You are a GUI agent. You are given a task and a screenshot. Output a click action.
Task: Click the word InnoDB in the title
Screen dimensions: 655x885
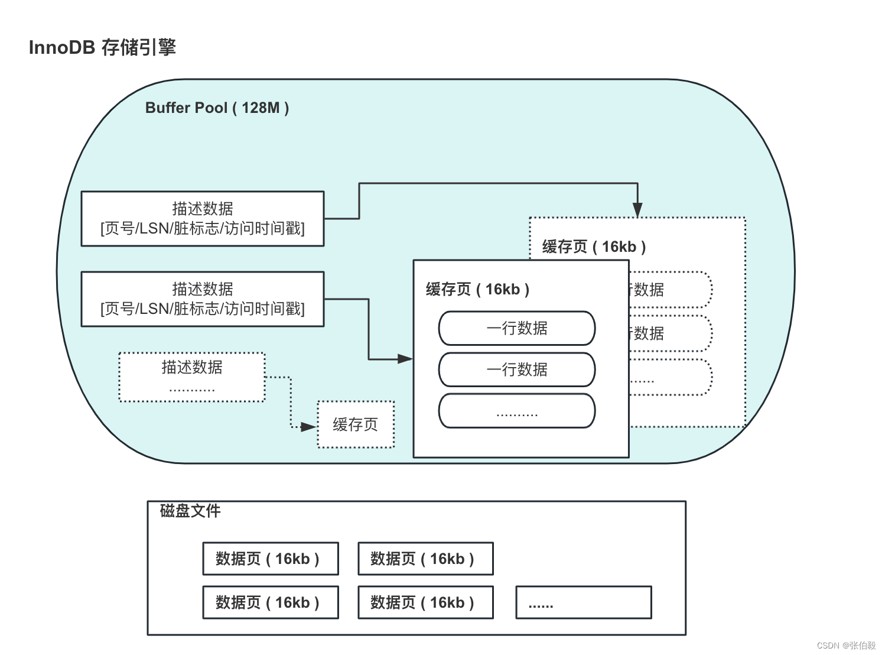(x=61, y=47)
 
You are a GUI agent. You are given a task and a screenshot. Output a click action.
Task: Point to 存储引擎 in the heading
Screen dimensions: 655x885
(x=139, y=47)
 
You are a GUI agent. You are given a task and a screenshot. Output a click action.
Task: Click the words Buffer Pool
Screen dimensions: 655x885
(x=186, y=108)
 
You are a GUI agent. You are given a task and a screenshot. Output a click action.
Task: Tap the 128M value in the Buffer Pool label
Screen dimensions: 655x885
(x=261, y=108)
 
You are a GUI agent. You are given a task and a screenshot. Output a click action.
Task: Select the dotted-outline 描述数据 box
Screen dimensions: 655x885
(x=192, y=377)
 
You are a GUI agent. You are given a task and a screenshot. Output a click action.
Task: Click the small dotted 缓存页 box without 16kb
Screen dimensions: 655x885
(x=356, y=424)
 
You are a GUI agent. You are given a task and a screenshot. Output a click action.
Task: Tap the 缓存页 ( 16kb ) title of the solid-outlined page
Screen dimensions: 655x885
(x=477, y=290)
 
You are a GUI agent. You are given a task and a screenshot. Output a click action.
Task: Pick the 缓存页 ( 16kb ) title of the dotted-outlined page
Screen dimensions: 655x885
(x=594, y=247)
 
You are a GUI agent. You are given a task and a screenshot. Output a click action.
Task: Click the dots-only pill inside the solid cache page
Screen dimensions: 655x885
(x=516, y=411)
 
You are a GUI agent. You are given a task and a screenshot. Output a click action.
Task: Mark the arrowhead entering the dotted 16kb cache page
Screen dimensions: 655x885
(x=637, y=209)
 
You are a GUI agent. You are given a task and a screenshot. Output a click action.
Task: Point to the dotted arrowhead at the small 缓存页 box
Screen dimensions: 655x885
(x=309, y=427)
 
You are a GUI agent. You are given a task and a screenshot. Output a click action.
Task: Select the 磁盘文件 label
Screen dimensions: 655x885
(x=190, y=511)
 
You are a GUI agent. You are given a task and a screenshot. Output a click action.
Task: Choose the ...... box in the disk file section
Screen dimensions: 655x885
(x=583, y=602)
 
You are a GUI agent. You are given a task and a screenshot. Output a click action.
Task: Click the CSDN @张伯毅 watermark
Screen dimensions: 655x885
(x=846, y=645)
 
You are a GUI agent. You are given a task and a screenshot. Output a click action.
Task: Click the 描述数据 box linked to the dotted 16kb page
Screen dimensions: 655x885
(x=203, y=219)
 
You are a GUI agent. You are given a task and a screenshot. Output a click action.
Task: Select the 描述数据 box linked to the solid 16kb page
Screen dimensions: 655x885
(x=203, y=299)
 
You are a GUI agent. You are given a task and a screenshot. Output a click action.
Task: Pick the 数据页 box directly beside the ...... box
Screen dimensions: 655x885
(x=425, y=602)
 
